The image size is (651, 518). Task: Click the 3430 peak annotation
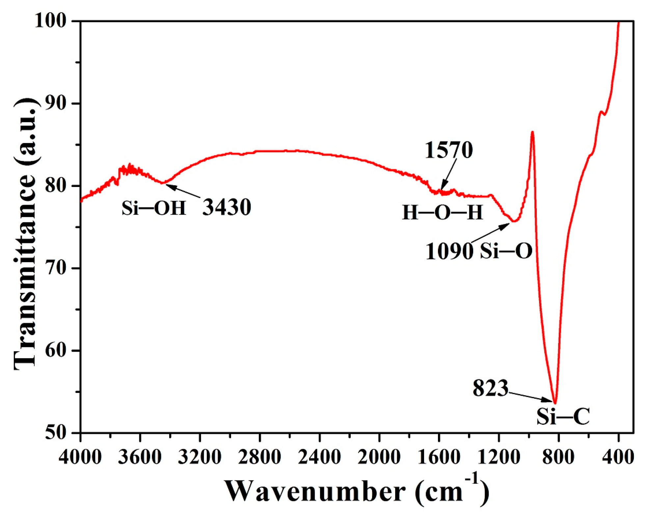(227, 208)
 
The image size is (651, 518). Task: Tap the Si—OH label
(154, 208)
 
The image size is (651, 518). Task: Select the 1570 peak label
(448, 150)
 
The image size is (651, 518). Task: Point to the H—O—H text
(442, 213)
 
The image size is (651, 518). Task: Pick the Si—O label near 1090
(506, 251)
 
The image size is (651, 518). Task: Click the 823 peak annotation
(490, 388)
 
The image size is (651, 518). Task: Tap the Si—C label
(563, 417)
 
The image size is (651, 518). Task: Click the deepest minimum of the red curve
(555, 403)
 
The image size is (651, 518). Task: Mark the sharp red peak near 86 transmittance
(532, 132)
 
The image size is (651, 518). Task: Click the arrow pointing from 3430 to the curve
(183, 191)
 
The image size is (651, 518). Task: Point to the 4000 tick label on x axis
(80, 457)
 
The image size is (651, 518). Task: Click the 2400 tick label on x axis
(319, 457)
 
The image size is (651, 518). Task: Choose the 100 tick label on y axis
(50, 21)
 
